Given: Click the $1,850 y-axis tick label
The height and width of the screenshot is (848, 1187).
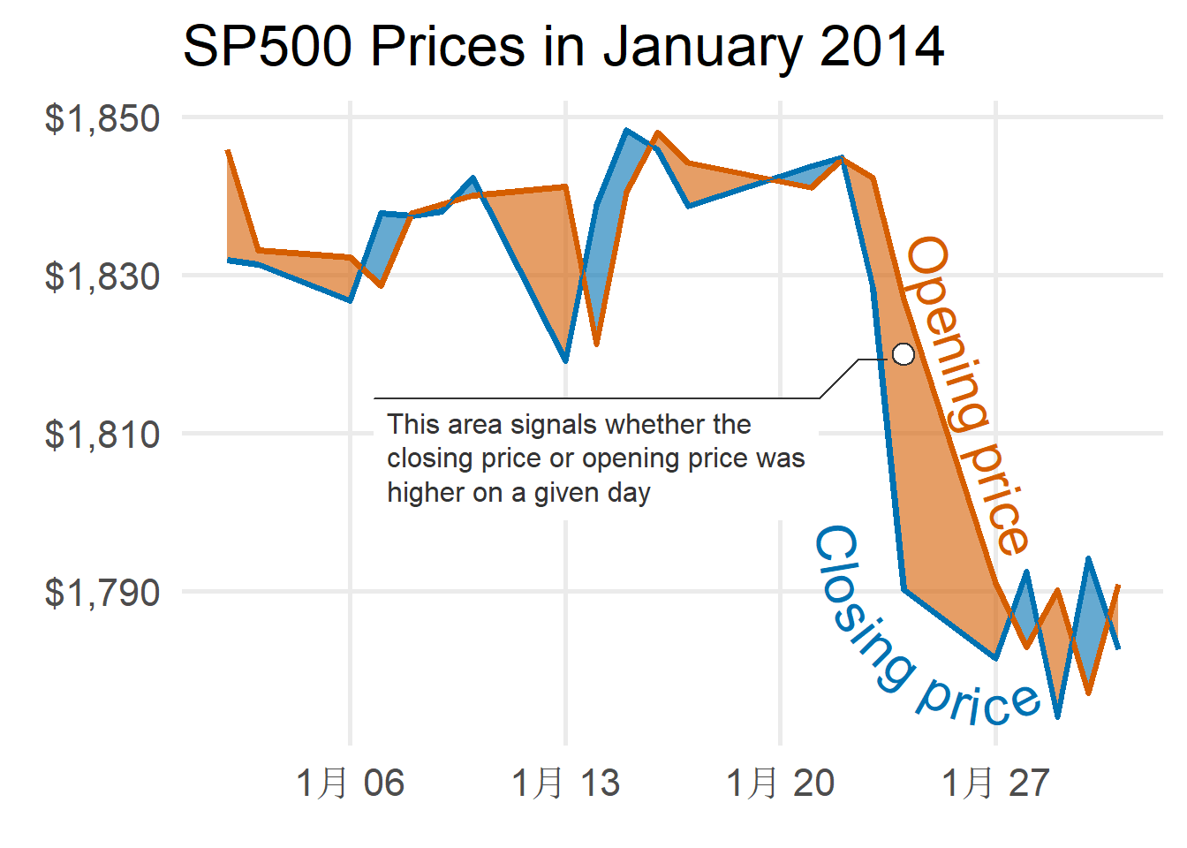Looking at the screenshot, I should point(102,118).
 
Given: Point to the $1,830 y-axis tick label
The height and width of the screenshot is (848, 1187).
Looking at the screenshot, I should point(102,276).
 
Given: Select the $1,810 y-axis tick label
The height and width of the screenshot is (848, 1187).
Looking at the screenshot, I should point(102,435).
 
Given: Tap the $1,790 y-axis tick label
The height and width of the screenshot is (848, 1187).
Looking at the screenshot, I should point(102,593).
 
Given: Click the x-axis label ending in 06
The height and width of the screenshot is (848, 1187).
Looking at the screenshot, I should point(350,783).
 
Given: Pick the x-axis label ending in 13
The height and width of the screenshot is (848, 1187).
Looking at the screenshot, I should point(565,783).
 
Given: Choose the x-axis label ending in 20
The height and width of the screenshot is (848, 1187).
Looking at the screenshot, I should point(780,783).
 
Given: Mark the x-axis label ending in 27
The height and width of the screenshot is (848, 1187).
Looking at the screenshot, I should point(995,783).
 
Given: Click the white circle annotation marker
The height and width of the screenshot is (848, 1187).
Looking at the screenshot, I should point(903,354).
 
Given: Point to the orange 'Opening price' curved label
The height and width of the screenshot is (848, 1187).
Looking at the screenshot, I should point(968,393).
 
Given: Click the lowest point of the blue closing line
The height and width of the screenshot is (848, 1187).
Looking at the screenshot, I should point(1057,716).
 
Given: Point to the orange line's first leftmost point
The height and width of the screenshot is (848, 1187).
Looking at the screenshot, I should point(228,151).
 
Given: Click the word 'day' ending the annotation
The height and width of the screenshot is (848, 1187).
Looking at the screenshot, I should point(628,493).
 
